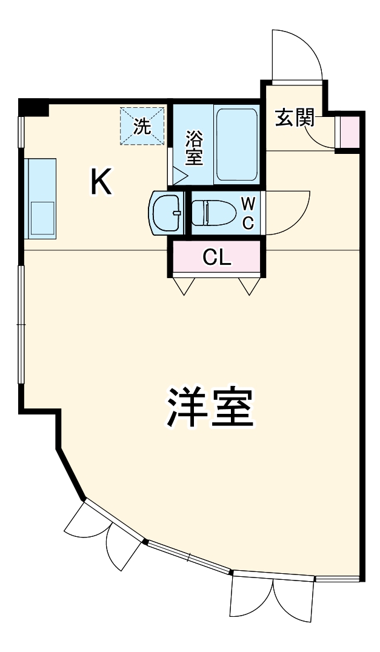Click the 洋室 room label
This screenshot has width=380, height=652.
click(209, 407)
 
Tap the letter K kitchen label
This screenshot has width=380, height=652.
click(101, 182)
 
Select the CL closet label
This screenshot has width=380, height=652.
click(217, 258)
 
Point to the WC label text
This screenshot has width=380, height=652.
click(248, 213)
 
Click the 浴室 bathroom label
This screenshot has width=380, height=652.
click(194, 148)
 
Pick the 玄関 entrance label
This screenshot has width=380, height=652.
click(295, 118)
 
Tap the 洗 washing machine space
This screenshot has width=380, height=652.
click(142, 126)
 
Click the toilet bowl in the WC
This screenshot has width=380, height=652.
click(213, 213)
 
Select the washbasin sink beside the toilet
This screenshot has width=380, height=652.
click(165, 213)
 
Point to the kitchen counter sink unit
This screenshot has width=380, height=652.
click(40, 197)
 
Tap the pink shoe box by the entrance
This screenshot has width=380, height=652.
click(350, 131)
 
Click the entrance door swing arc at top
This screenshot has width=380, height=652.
click(297, 55)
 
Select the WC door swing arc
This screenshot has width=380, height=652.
click(288, 213)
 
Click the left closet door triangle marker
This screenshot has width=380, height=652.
click(184, 285)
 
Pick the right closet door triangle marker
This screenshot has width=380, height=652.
click(248, 285)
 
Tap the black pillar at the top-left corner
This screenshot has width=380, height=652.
click(33, 107)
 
